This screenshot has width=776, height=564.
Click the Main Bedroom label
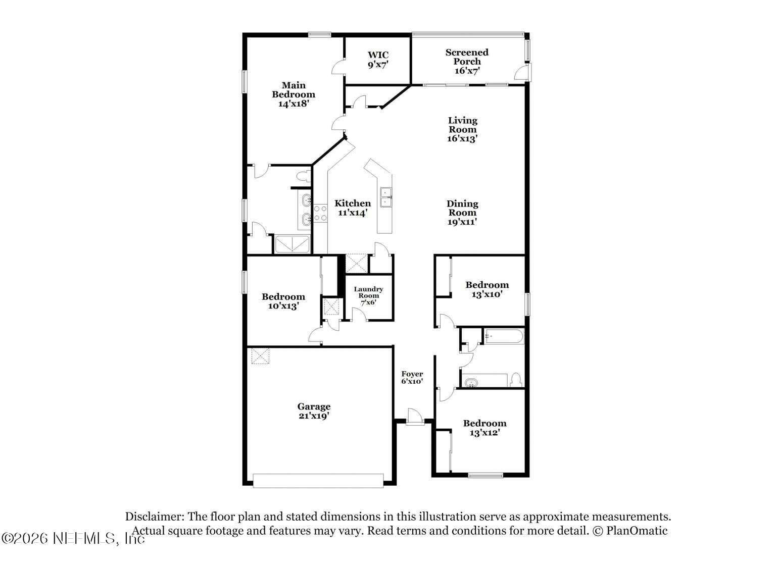(x=294, y=94)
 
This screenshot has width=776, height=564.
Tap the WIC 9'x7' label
(x=378, y=60)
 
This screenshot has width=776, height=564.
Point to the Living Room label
(x=462, y=129)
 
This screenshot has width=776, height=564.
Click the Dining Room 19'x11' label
(x=462, y=213)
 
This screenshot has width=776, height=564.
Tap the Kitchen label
(x=353, y=208)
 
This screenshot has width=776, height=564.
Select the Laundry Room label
(x=368, y=296)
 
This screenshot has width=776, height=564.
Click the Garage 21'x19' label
(x=314, y=411)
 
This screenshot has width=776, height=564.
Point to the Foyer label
(x=412, y=378)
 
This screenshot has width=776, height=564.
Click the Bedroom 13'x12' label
(x=484, y=428)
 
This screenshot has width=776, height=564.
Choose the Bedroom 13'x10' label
(x=487, y=289)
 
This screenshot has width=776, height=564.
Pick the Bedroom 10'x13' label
(x=283, y=301)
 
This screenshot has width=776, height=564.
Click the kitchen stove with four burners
(x=320, y=213)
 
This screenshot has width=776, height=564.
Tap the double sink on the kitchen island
(x=386, y=197)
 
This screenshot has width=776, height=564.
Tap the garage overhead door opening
(x=318, y=481)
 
